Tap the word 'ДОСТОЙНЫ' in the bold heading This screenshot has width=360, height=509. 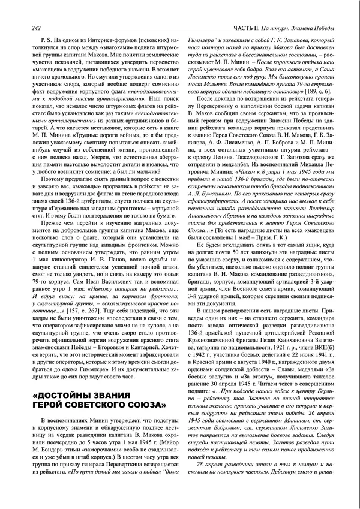click(67, 397)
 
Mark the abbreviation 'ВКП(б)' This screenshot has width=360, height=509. click(326, 329)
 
